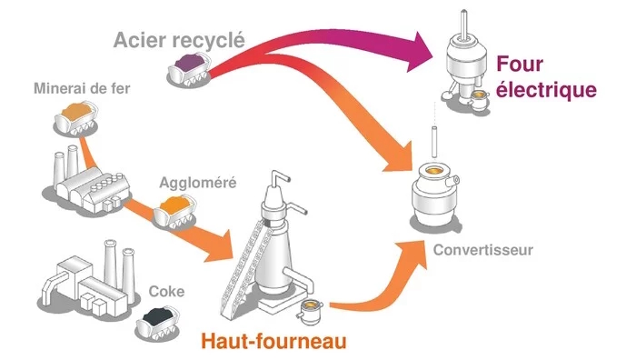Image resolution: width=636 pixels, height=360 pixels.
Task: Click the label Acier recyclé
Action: [179, 41]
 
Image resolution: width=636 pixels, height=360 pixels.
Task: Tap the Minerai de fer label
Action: [82, 88]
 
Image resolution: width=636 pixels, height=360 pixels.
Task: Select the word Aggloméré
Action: [198, 183]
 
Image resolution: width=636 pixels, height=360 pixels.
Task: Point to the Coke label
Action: [166, 292]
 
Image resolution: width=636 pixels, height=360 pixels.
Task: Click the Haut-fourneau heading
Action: [274, 341]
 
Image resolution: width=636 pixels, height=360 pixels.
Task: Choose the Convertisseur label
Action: [482, 250]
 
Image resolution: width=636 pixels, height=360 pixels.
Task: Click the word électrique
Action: [546, 90]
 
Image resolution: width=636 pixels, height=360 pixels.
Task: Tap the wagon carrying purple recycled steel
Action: [190, 69]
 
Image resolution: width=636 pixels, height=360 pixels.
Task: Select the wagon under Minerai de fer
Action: [76, 118]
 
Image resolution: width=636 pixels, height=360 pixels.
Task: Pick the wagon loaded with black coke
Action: [158, 322]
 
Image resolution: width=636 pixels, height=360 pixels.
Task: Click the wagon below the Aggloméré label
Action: [175, 212]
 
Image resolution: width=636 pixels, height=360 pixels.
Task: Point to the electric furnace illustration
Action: [465, 65]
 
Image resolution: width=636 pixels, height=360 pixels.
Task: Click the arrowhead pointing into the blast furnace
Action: [218, 246]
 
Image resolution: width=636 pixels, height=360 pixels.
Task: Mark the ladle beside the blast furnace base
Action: [310, 311]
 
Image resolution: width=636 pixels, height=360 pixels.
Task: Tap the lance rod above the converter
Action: [434, 142]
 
